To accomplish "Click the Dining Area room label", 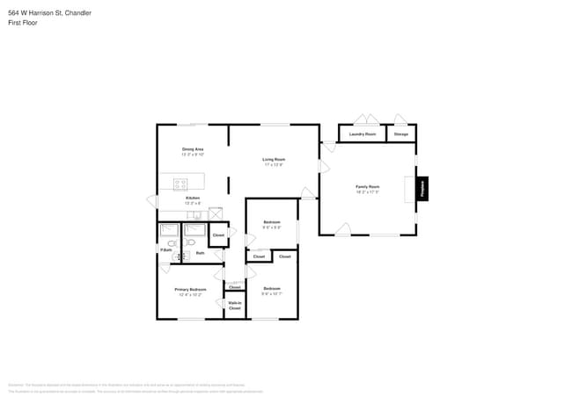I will tap(193, 149).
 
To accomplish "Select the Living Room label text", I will tap(274, 159).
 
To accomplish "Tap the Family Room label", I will tap(367, 186).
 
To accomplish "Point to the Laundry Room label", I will tap(362, 134).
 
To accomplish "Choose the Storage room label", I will tap(400, 134).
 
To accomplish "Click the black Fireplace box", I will tap(422, 188).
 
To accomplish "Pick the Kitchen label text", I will tap(192, 198).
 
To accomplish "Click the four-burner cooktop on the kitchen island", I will tap(180, 184).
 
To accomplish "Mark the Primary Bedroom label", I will tap(190, 289).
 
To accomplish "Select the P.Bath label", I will tap(165, 250).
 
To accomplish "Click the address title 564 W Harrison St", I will tap(49, 13).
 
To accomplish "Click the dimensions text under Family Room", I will tap(367, 191).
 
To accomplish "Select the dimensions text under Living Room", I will tap(274, 164).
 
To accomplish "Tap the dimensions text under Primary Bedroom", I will tap(190, 294).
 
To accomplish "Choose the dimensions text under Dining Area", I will tap(193, 155).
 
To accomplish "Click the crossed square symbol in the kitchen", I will tap(215, 213).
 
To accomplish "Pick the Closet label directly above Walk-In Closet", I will tap(235, 287).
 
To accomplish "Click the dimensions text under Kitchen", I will tap(192, 203).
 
